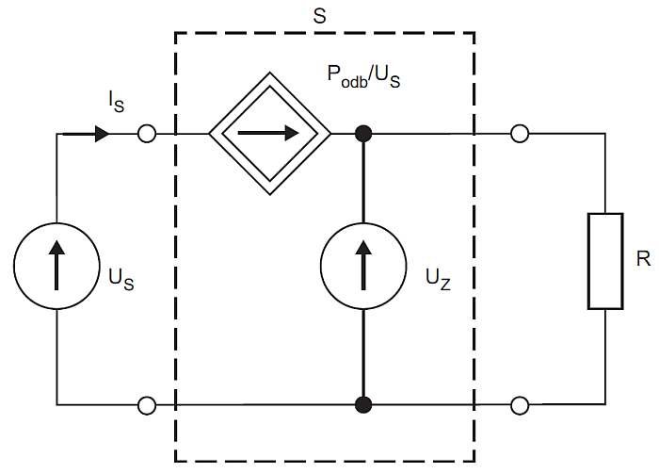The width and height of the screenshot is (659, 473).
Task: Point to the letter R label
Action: pos(643,258)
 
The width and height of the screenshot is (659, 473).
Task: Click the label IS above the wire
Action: pos(117,102)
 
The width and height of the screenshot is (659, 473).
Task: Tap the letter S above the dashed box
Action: pos(319,16)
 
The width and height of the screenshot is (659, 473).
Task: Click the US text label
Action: pos(121,280)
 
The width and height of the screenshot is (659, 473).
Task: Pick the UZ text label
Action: pos(438,280)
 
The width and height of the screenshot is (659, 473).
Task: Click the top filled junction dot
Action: pos(363,134)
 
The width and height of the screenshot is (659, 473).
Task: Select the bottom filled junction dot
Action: pos(363,405)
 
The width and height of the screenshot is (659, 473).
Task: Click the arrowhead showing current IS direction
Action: pos(103,134)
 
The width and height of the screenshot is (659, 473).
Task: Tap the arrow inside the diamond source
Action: pos(268,134)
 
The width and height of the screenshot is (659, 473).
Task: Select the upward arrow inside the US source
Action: pos(56,266)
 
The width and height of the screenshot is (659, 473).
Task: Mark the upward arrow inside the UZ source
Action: pos(363,266)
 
